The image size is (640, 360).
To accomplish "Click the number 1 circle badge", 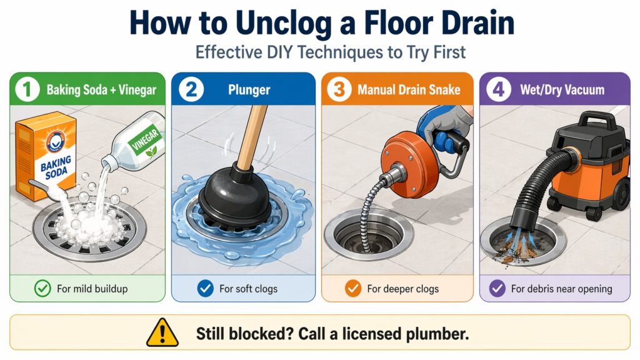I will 26,89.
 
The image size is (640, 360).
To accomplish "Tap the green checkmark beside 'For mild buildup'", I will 42,289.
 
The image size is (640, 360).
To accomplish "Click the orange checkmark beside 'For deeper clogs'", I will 352,289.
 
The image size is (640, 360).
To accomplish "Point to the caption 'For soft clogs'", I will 248,289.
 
